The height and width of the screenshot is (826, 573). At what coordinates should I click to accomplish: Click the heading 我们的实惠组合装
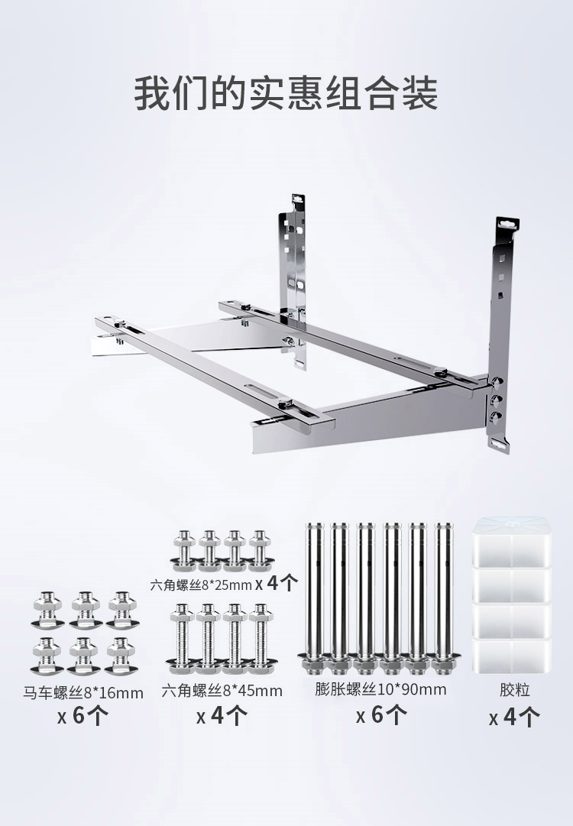tap(286, 94)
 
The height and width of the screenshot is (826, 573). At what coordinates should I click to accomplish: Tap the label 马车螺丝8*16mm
tap(83, 692)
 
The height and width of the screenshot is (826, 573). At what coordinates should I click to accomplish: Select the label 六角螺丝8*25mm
tap(201, 585)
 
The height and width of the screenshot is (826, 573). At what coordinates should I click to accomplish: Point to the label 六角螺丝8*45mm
tap(222, 690)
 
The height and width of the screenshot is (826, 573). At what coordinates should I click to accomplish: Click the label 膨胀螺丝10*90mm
tap(380, 689)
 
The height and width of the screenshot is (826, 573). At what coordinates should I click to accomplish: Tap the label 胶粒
tap(514, 689)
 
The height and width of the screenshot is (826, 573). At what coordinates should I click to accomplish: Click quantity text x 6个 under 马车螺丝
tap(83, 716)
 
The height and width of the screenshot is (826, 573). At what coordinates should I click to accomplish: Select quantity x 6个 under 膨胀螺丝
tap(381, 715)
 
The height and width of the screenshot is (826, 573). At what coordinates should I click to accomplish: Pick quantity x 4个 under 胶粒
tap(514, 717)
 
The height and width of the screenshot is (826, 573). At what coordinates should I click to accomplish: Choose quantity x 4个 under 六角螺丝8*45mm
tap(222, 716)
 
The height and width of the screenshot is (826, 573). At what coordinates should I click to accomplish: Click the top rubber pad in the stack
tap(511, 542)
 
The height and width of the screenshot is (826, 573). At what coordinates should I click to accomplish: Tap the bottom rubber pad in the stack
tap(511, 655)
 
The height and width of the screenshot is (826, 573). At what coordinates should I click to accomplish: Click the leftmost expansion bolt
tap(315, 598)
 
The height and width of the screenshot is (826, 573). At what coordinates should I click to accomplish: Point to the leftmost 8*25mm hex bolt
tap(184, 551)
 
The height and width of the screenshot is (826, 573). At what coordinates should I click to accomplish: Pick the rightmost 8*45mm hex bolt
tap(259, 639)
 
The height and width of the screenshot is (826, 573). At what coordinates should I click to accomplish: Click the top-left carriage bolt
tap(47, 610)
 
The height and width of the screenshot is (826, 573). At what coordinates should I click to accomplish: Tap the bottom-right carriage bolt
tap(121, 656)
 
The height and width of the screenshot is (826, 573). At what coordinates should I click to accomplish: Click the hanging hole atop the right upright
tap(508, 223)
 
